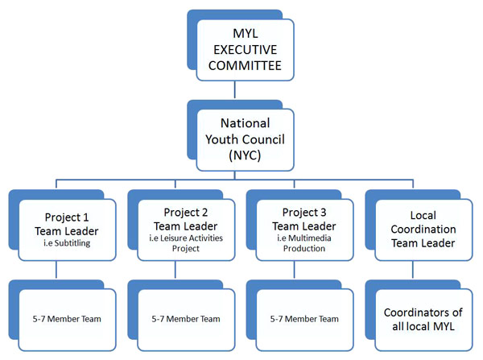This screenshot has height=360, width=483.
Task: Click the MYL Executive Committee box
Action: [246, 50]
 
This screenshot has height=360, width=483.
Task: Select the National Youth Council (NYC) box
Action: [246, 140]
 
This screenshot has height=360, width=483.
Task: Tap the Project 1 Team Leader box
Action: [67, 230]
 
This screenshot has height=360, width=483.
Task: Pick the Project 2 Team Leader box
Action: [186, 230]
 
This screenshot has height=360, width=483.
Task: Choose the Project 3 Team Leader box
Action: [304, 230]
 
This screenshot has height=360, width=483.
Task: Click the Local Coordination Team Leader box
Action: [423, 230]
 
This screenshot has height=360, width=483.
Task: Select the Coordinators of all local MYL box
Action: [423, 320]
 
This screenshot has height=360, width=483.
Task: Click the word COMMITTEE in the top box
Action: [245, 66]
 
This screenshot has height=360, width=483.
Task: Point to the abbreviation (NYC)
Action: [245, 155]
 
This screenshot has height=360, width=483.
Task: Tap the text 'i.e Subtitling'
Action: [67, 243]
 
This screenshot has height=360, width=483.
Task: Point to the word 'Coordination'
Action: [423, 230]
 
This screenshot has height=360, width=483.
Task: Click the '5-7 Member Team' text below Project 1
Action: [67, 319]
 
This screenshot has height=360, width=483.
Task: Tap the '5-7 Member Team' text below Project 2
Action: [186, 319]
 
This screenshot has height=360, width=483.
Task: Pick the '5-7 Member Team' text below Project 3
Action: [304, 319]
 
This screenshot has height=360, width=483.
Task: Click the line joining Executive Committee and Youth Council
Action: [235, 89]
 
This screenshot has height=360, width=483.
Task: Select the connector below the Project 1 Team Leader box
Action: [56, 270]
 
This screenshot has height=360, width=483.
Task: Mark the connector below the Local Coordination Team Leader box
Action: [413, 270]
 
